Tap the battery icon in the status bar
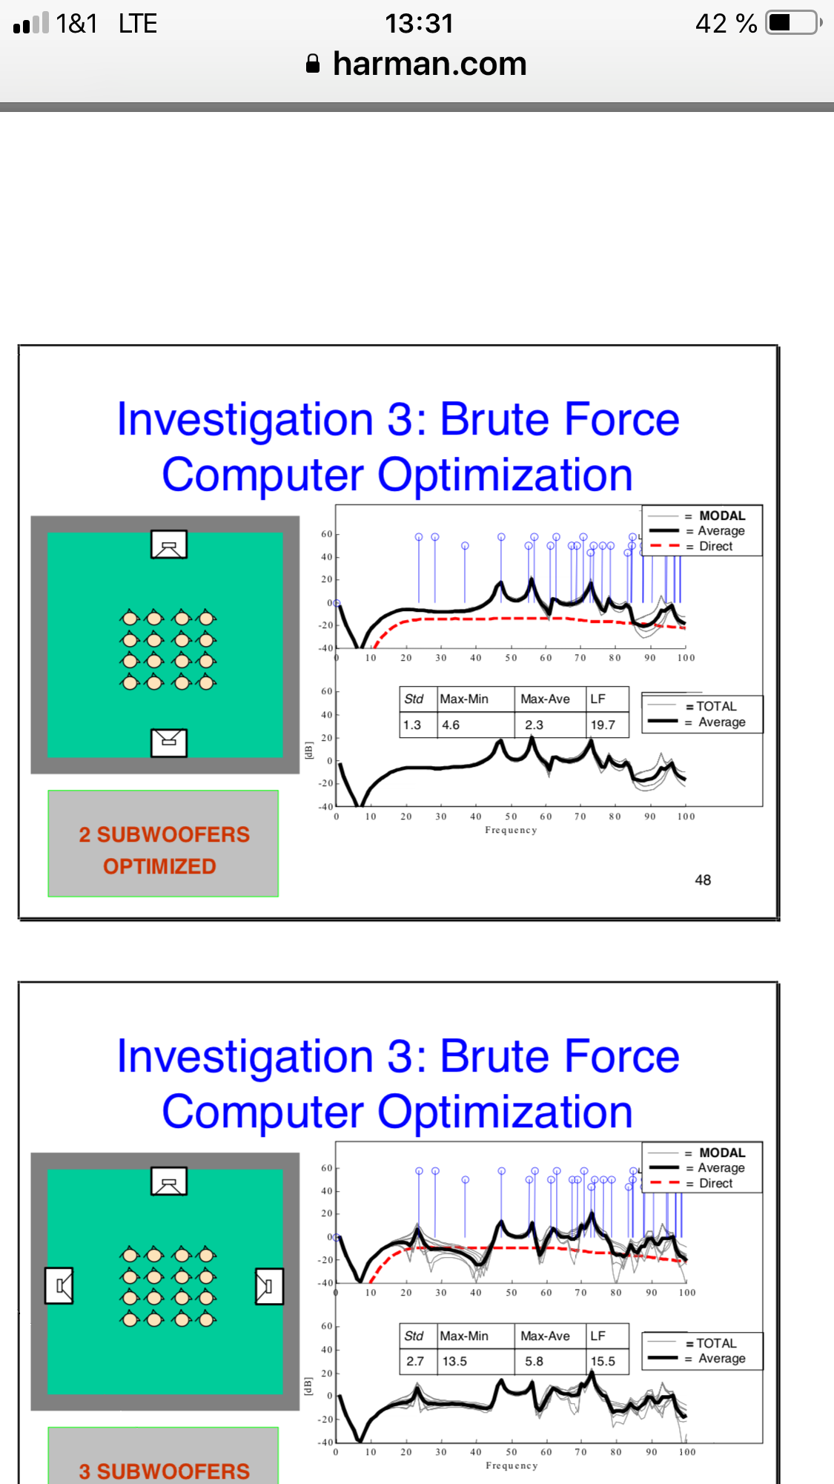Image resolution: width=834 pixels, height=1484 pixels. tap(794, 23)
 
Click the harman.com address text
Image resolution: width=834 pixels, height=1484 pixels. tap(430, 64)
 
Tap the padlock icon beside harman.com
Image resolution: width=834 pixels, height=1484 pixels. tap(313, 64)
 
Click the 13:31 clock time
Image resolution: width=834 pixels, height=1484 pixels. tap(419, 23)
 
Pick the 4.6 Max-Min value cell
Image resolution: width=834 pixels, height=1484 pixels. tap(476, 725)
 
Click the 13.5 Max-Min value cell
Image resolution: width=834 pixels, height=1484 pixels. tap(476, 1361)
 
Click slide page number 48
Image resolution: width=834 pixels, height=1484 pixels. tap(703, 880)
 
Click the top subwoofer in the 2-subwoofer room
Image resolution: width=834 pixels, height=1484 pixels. tap(169, 544)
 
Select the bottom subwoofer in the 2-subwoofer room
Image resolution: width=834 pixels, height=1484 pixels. tap(169, 742)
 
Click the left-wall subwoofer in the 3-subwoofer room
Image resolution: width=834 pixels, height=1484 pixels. tap(59, 1286)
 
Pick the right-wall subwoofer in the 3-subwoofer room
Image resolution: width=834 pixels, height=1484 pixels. tap(269, 1286)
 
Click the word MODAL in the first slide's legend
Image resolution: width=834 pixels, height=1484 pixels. tap(722, 515)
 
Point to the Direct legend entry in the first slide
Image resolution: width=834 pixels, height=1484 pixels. tap(715, 547)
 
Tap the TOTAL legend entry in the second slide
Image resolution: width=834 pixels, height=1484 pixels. tap(716, 1343)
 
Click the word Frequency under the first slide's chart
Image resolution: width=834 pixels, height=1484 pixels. tap(511, 830)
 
